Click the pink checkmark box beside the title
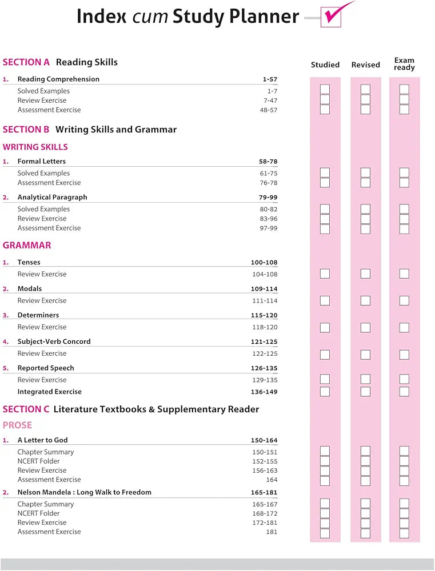[332, 17]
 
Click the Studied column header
[325, 65]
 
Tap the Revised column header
[366, 65]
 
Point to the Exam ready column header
[404, 64]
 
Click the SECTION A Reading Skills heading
[60, 62]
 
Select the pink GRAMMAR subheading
[27, 246]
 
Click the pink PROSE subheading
[18, 425]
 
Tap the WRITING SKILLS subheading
[35, 147]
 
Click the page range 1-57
[270, 79]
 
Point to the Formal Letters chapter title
[42, 162]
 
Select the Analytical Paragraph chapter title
[53, 197]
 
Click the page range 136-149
[264, 392]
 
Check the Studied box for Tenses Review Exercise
[325, 274]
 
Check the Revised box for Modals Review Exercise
[365, 300]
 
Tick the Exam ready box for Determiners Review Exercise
[404, 327]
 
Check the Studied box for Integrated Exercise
[325, 392]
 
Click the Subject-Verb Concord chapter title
[54, 341]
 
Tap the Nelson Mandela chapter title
[85, 492]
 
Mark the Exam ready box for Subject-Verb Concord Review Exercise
[404, 354]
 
